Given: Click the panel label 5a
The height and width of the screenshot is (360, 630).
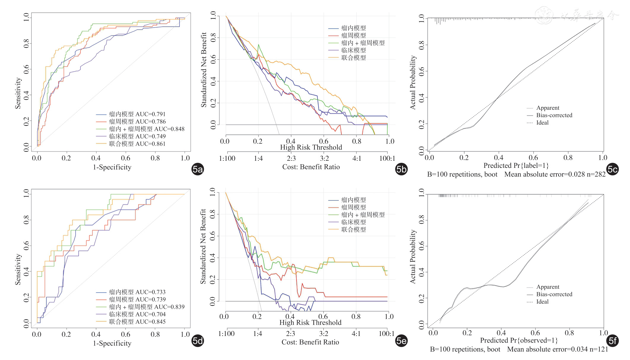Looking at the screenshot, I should click(x=198, y=169).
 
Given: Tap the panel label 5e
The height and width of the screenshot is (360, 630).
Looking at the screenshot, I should click(x=401, y=341).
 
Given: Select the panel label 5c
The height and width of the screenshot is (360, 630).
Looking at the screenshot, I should click(x=612, y=169).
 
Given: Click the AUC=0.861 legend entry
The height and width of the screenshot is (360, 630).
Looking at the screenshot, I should click(x=137, y=144).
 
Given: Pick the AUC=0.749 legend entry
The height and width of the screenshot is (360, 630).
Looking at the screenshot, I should click(x=137, y=136).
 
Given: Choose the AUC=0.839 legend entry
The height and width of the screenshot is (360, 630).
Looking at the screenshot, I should click(x=146, y=307).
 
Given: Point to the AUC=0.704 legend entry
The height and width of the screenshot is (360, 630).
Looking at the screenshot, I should click(x=137, y=314).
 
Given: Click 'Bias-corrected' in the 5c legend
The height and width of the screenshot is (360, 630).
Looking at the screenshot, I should click(x=554, y=115).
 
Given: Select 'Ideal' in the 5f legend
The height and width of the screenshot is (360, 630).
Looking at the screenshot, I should click(x=542, y=302).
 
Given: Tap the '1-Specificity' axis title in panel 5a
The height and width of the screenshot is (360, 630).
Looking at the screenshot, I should click(x=112, y=167).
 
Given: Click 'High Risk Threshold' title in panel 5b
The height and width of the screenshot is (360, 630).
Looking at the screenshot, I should click(x=311, y=147).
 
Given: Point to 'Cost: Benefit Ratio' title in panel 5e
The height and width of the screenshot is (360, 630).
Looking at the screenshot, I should click(x=310, y=342).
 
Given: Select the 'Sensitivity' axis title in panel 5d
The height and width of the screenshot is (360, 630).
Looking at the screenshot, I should click(x=18, y=269).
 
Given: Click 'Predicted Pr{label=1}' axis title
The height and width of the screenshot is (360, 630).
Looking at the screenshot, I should click(x=516, y=165).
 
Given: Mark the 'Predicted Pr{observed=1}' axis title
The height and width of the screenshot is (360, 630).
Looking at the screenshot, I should click(x=519, y=340).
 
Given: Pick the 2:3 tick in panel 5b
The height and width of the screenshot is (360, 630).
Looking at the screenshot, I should click(x=291, y=158).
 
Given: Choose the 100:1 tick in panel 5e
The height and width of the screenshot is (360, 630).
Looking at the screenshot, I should click(x=386, y=334).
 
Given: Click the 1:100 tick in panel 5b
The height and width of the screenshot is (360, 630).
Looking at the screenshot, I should click(x=227, y=158).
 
